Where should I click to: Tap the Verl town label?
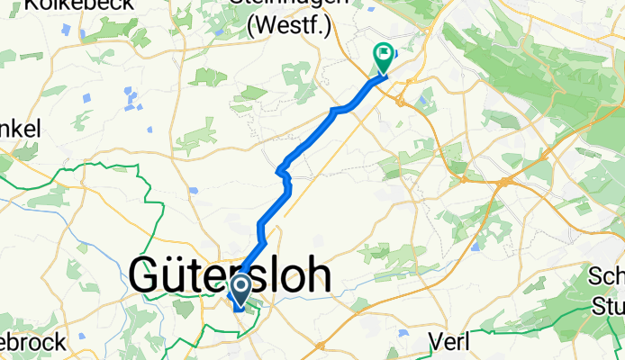(x=451, y=343)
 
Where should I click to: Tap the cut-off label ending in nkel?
(x=20, y=130)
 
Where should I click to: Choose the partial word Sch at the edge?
(x=607, y=277)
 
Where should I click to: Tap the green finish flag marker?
(x=383, y=57)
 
